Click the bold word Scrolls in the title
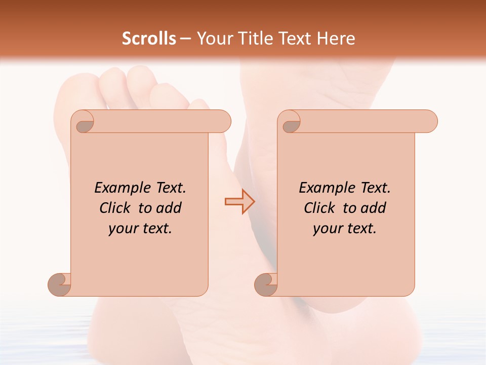(149, 39)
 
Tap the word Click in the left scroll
(115, 208)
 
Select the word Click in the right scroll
(319, 208)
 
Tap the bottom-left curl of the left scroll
(60, 284)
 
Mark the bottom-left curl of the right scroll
(266, 284)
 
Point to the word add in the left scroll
(169, 208)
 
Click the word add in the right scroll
(374, 208)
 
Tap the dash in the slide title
(186, 39)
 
